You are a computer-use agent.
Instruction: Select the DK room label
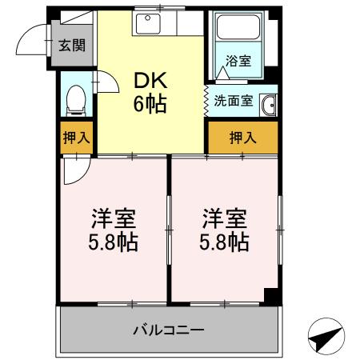150,82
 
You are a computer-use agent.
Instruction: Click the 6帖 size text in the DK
150,104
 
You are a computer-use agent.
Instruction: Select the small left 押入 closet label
77,138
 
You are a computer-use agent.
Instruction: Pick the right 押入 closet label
242,138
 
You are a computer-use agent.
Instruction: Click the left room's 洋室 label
113,218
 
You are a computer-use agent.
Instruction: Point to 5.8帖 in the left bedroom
113,241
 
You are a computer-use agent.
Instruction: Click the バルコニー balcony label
168,329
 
